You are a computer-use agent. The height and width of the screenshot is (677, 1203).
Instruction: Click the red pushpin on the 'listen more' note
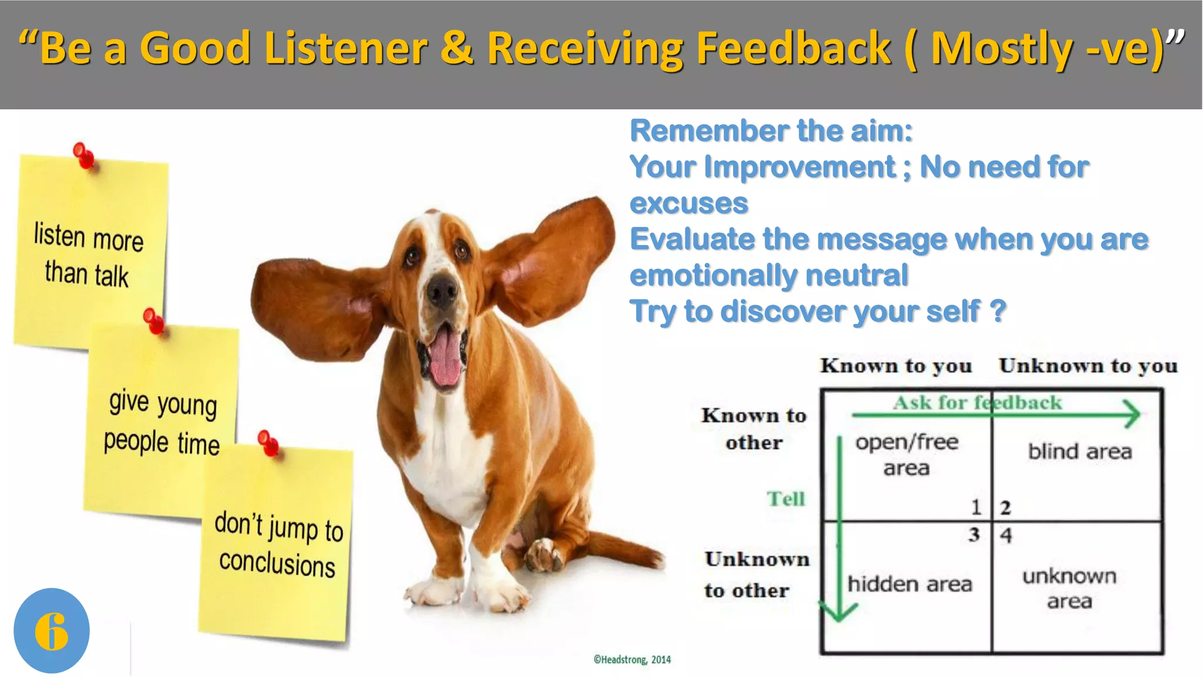tap(83, 156)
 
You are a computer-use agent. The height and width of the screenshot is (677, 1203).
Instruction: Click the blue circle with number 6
tap(52, 631)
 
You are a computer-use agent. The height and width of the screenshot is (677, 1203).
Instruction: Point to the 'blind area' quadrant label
tap(1080, 451)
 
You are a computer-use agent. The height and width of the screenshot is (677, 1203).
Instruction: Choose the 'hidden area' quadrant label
tap(909, 584)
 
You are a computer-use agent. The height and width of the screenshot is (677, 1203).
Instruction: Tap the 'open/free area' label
tap(906, 454)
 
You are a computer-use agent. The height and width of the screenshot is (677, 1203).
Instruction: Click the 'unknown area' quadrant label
tap(1069, 588)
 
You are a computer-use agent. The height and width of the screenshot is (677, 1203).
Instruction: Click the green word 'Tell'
tap(785, 498)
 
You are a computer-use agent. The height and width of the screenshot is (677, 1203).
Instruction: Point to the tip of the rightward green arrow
tap(1138, 414)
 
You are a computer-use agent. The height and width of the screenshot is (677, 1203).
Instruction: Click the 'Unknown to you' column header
tap(1088, 366)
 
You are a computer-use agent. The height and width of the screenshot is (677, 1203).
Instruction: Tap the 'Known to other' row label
tap(754, 428)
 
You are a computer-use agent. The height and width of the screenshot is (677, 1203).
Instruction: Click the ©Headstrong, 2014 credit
tap(632, 659)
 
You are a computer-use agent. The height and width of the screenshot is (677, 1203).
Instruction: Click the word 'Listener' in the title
tap(345, 48)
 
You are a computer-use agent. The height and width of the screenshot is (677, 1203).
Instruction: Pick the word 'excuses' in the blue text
tap(688, 203)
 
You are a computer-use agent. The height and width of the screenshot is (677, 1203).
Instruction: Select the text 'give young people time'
tap(162, 422)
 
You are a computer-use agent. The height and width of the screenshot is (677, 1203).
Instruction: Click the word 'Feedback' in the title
tap(793, 48)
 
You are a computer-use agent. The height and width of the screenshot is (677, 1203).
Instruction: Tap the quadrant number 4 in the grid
tap(1006, 535)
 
